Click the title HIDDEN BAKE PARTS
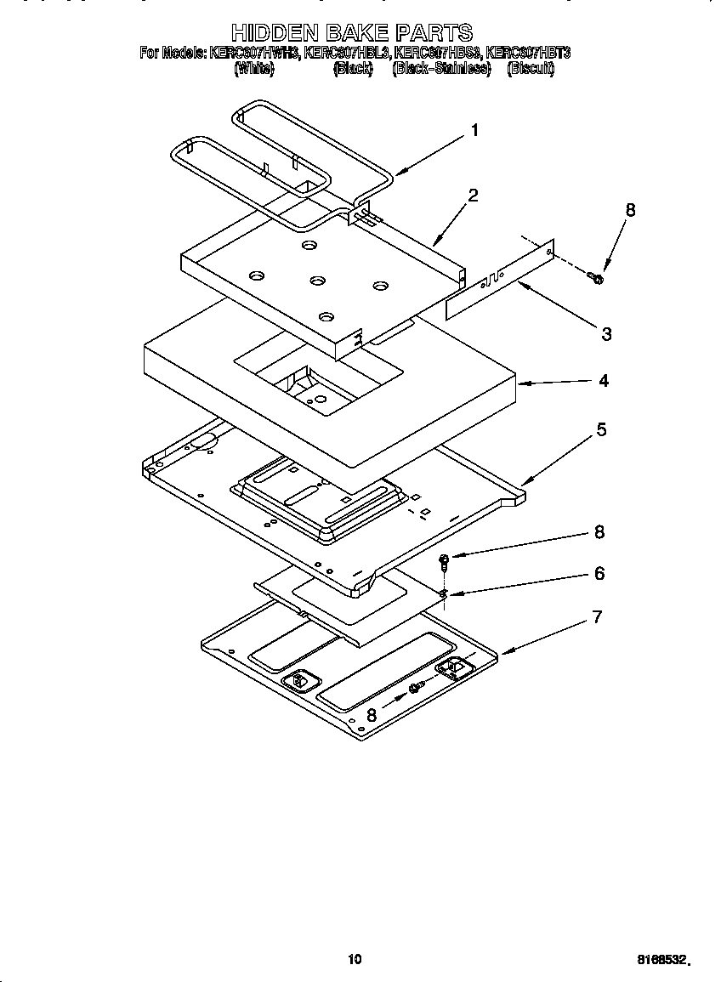(x=352, y=33)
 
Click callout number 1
(x=474, y=130)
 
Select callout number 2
(x=473, y=195)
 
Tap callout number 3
(x=605, y=334)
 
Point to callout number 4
(x=603, y=381)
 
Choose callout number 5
(x=601, y=429)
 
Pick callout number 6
(x=599, y=574)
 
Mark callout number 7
(x=597, y=617)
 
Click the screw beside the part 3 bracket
(x=596, y=277)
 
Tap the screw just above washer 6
(x=445, y=560)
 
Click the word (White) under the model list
(x=253, y=69)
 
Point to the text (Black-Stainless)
(x=441, y=69)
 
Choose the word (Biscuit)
(x=531, y=69)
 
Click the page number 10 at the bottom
(x=355, y=959)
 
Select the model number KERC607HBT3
(x=527, y=53)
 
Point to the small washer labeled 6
(x=444, y=593)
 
